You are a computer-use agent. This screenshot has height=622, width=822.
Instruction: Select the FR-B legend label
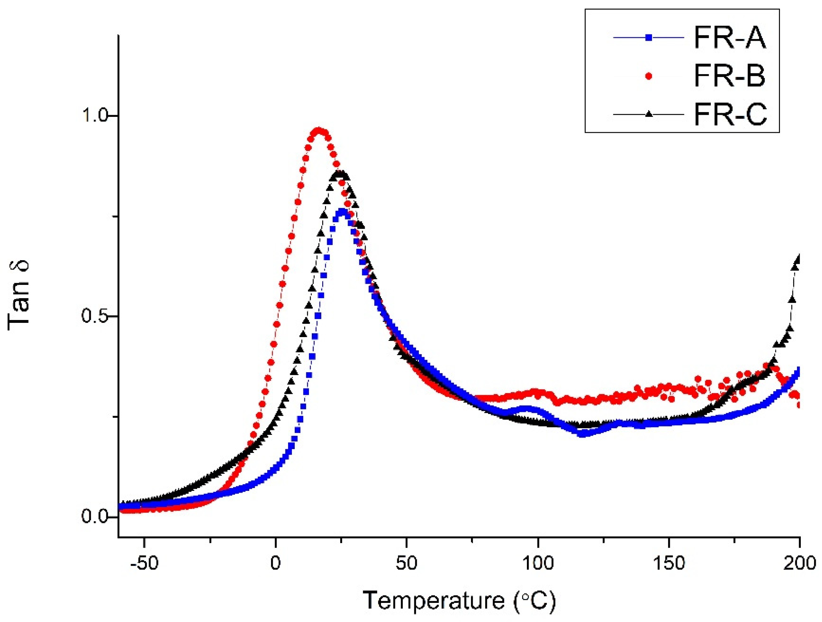pyautogui.click(x=730, y=76)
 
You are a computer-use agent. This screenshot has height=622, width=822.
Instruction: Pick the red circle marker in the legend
pyautogui.click(x=649, y=76)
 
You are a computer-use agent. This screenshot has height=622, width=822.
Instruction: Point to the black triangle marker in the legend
pyautogui.click(x=649, y=114)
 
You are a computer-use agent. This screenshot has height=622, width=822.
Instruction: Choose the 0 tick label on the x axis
pyautogui.click(x=275, y=564)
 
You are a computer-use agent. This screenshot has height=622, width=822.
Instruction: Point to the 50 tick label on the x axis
pyautogui.click(x=407, y=564)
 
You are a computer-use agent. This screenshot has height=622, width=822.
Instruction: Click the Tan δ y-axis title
pyautogui.click(x=18, y=294)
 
